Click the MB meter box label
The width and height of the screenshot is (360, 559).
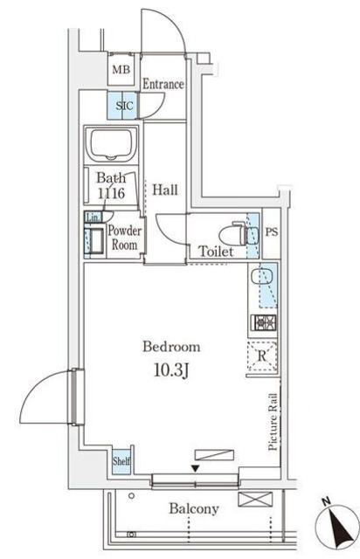tap(121, 70)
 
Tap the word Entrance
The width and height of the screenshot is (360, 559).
tap(163, 84)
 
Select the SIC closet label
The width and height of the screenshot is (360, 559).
tap(125, 106)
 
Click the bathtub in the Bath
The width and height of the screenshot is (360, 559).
tap(111, 144)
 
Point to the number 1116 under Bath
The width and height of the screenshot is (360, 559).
tap(111, 193)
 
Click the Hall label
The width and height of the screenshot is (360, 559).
tap(165, 190)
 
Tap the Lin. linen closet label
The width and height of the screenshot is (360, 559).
tap(93, 217)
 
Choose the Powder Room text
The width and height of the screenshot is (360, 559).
tap(125, 238)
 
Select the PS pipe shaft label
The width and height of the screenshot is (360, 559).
tap(272, 232)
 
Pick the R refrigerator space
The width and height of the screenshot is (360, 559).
tap(262, 355)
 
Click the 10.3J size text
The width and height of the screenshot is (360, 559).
tap(171, 370)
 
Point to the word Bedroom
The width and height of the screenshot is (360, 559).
tap(171, 347)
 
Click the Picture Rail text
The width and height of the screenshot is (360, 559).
tap(273, 421)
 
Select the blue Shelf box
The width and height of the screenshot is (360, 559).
tap(121, 460)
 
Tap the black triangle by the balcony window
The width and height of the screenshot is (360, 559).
tap(195, 468)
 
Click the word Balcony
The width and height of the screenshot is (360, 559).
tap(194, 508)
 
